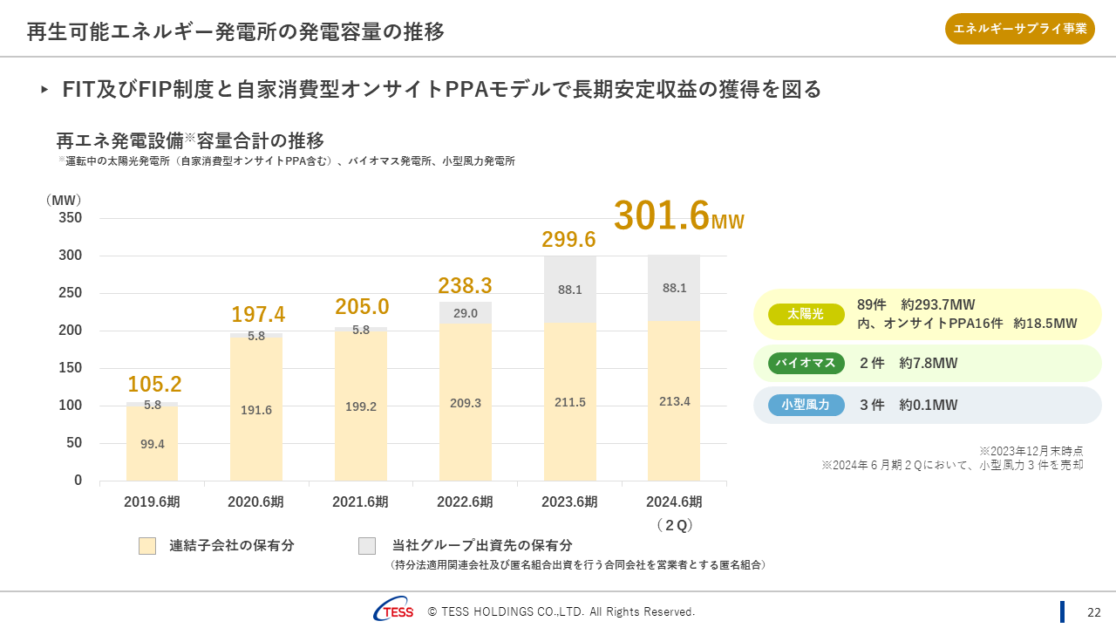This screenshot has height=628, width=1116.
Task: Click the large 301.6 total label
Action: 662,216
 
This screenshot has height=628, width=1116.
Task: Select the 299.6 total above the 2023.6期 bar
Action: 568,239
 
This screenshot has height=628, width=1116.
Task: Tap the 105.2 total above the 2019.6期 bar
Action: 154,385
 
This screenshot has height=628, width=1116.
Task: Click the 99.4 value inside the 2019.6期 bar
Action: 153,444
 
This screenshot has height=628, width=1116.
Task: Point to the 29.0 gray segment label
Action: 465,313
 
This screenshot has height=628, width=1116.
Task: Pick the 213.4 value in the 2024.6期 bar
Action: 674,401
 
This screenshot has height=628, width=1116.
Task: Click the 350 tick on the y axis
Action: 71,218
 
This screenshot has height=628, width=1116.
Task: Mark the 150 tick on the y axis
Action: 71,368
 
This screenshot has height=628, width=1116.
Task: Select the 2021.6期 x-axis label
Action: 360,502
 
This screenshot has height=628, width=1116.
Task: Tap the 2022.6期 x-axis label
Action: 465,502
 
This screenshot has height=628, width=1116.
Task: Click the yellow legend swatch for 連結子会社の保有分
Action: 147,546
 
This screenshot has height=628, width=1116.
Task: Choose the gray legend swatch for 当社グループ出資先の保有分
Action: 367,546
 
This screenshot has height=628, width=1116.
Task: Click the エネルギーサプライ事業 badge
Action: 1020,29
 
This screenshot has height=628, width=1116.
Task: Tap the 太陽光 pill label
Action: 806,314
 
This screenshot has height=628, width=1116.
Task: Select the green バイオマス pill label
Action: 806,363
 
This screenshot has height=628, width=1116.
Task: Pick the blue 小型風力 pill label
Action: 806,405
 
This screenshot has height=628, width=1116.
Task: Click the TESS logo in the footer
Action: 394,611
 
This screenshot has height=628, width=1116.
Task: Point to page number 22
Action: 1093,611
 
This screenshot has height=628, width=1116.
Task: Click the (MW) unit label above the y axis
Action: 63,200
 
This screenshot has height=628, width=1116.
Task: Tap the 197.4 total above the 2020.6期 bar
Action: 258,315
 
